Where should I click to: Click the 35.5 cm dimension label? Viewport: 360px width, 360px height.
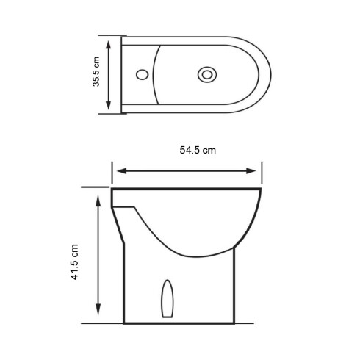(96, 73)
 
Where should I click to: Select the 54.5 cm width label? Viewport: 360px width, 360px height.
(198, 150)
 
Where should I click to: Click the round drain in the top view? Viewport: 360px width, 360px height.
(208, 73)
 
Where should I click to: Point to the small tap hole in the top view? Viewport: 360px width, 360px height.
(142, 73)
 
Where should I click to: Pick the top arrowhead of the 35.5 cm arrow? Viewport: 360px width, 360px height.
(109, 43)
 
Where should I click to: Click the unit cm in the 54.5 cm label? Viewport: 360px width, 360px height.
(209, 150)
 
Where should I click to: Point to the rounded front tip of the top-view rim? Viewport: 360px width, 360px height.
(270, 73)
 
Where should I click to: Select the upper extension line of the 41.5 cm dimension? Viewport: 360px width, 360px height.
(96, 187)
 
